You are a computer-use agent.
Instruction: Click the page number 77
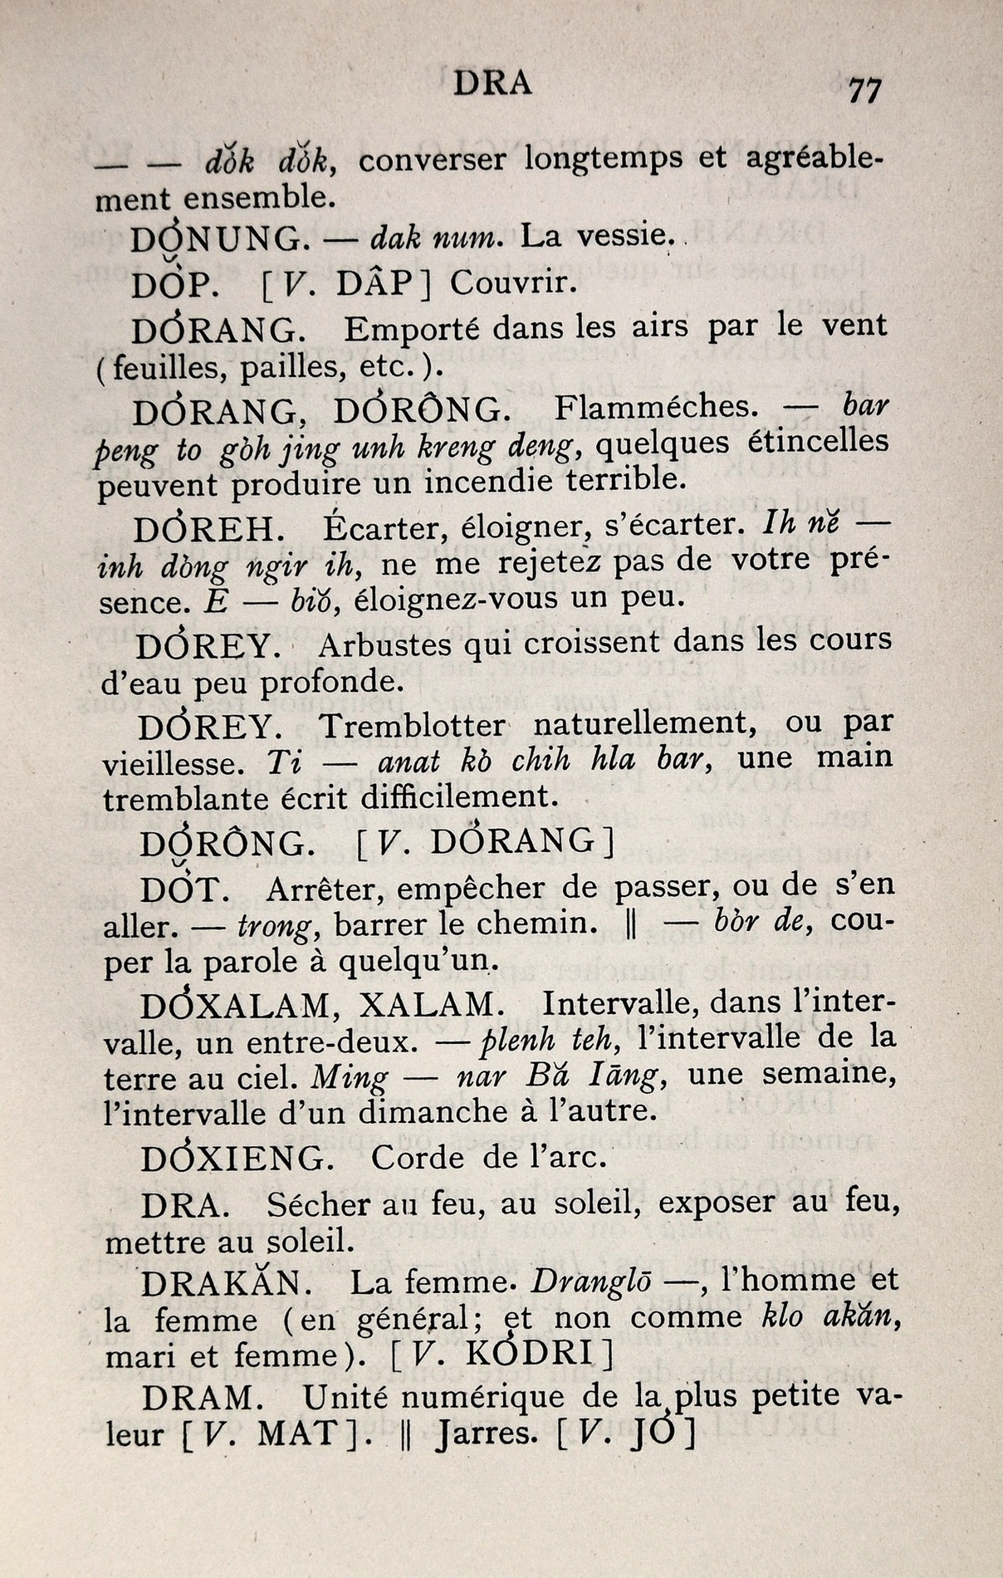click(864, 90)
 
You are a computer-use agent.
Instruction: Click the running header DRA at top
click(492, 83)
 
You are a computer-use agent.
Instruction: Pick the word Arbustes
click(384, 644)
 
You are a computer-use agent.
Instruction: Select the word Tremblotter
click(411, 725)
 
